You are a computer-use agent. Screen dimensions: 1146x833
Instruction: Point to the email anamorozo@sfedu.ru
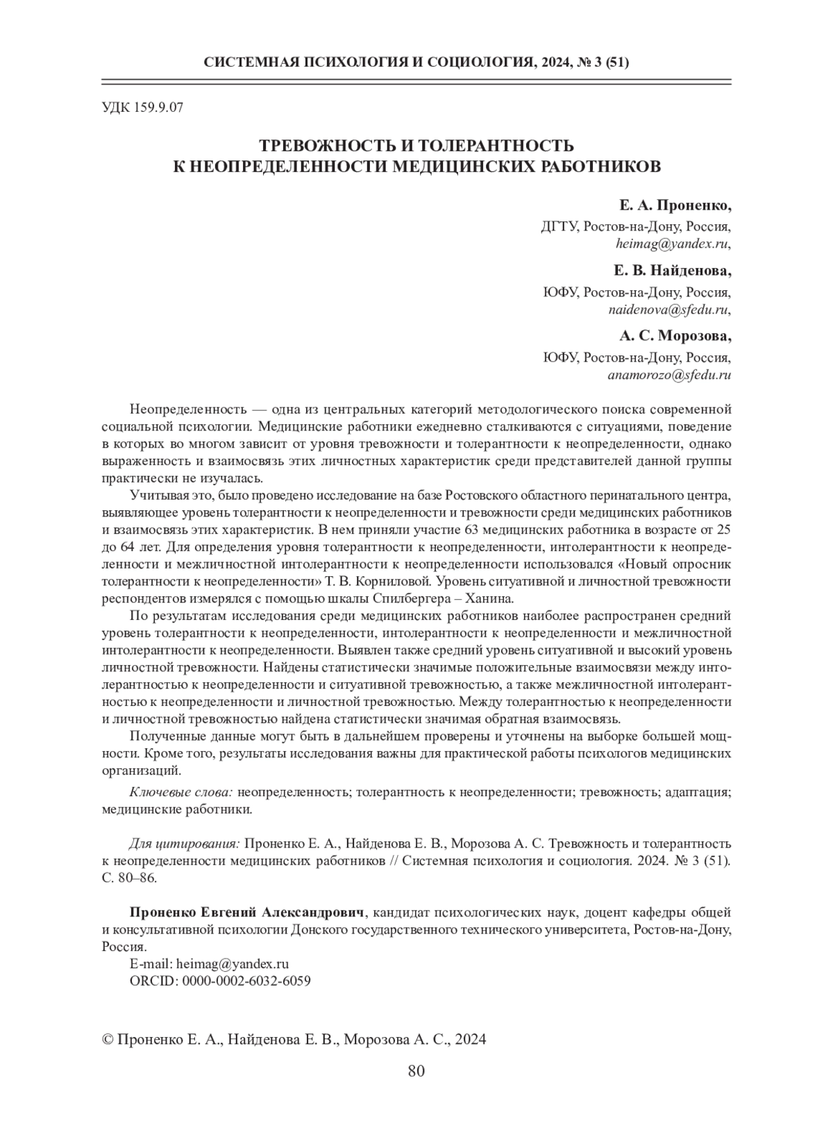point(669,375)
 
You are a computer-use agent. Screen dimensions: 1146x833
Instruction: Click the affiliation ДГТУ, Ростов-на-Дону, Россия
point(635,226)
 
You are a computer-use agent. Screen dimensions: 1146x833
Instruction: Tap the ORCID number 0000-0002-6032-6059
point(246,981)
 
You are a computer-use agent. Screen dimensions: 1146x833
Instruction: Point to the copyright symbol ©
point(108,1040)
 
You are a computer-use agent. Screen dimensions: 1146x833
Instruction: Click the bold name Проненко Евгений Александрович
point(247,911)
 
